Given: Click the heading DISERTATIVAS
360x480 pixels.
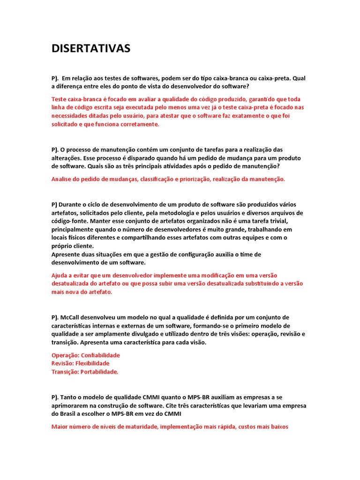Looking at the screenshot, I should [x=91, y=49].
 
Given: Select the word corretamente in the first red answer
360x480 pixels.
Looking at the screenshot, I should [x=138, y=124].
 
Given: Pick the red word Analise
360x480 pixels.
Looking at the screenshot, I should [x=62, y=179].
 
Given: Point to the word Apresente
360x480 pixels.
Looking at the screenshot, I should [x=67, y=255].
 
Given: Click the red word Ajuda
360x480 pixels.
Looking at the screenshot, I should [x=60, y=276].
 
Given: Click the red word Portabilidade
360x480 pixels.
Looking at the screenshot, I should [x=99, y=372].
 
